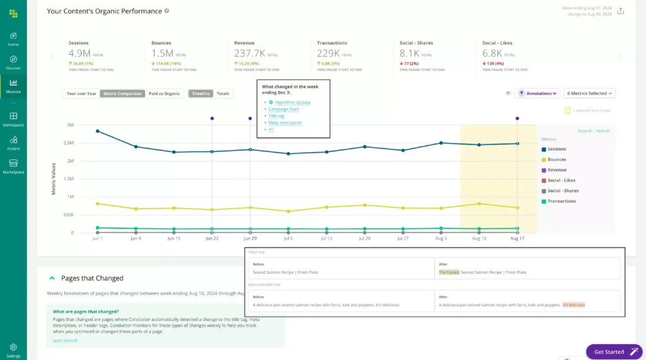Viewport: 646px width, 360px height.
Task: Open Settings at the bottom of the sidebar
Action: [x=13, y=349]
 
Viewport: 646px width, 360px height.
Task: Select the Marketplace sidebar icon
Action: [x=13, y=165]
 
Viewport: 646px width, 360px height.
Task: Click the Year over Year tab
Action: [x=81, y=93]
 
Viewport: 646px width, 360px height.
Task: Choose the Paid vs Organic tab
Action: [x=164, y=93]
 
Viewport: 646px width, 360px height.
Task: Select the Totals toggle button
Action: [x=223, y=93]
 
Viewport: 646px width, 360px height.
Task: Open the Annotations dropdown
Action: [x=537, y=93]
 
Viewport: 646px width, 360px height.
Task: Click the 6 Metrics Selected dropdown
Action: [x=589, y=93]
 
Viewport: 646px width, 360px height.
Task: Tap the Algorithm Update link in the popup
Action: [x=289, y=102]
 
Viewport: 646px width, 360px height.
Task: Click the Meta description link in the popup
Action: [x=285, y=122]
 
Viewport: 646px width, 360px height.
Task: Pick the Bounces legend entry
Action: [x=556, y=160]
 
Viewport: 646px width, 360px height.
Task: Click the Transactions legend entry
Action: [x=561, y=201]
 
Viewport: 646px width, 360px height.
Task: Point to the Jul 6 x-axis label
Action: [x=288, y=239]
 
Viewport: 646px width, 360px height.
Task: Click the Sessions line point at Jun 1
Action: [x=97, y=131]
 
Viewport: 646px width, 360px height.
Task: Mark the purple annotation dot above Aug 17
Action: [x=517, y=118]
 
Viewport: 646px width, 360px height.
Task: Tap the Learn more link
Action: [x=64, y=340]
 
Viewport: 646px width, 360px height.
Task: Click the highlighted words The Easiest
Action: [x=449, y=272]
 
